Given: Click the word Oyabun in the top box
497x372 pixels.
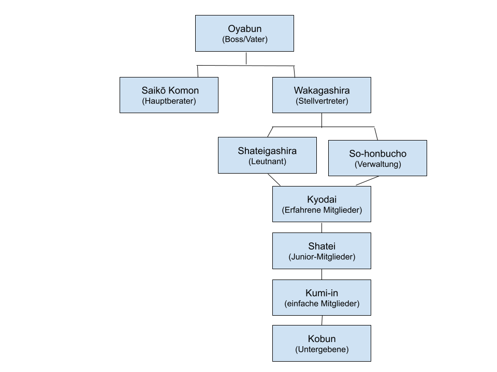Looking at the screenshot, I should [x=244, y=29].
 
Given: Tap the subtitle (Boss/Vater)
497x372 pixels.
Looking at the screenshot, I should [x=244, y=39].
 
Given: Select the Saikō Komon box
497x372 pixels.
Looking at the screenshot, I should [x=169, y=95].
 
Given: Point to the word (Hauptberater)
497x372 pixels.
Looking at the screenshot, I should [x=169, y=101].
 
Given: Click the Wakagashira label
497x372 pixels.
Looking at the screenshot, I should [x=321, y=90].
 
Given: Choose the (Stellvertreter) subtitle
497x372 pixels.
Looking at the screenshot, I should [x=321, y=101].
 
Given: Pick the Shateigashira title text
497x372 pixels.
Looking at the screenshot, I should [x=267, y=151].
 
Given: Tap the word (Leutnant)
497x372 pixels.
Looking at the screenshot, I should [x=267, y=162].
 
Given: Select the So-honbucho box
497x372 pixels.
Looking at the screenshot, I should [x=377, y=158].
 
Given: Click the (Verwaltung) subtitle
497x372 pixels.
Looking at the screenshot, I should [x=377, y=164].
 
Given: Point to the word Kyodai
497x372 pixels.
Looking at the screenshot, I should [x=321, y=199].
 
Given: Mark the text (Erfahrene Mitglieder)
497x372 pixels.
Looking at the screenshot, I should [x=321, y=210].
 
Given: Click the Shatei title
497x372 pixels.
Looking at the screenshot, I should [x=321, y=246].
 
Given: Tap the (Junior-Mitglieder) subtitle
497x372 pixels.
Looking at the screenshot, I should [x=321, y=257].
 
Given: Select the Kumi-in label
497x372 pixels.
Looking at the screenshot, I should [x=321, y=293].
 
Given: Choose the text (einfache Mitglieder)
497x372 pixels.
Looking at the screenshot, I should [x=321, y=304].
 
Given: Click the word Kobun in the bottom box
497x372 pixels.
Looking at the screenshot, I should [x=321, y=339].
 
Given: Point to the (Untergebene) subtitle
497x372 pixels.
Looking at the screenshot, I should [x=321, y=350].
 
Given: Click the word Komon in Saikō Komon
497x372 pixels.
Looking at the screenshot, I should [x=183, y=90].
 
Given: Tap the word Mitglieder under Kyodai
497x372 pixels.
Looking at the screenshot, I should [x=342, y=210].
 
